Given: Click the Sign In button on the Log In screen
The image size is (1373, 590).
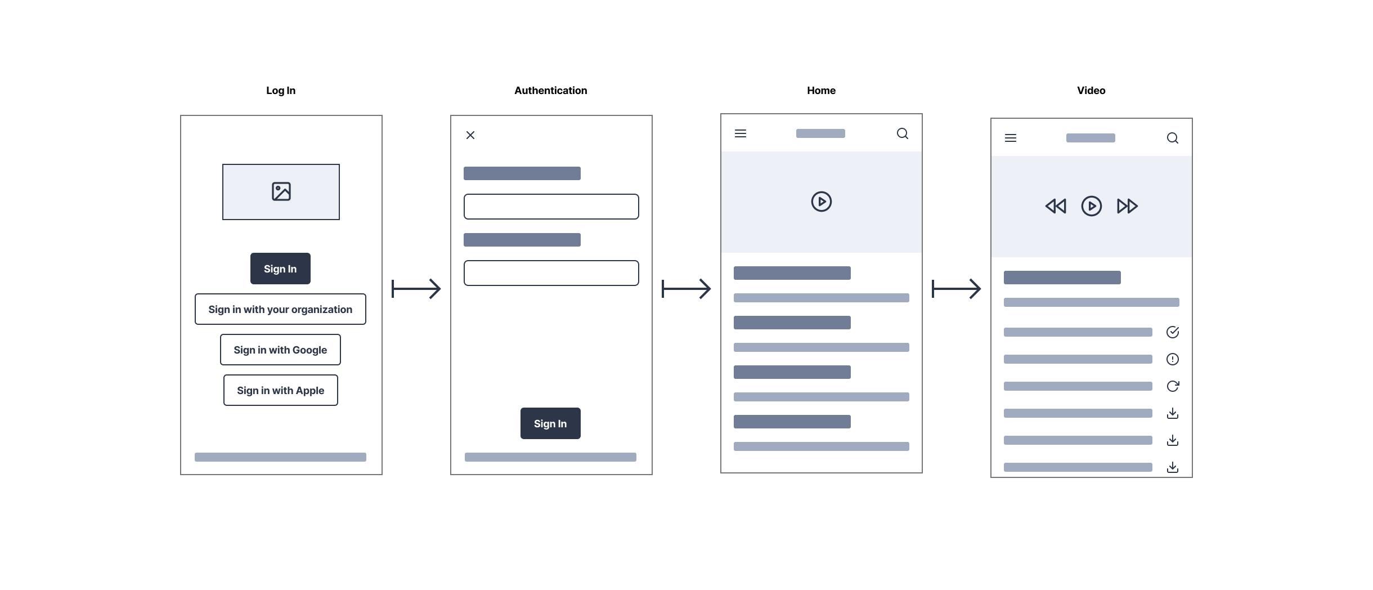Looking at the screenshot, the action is [x=280, y=269].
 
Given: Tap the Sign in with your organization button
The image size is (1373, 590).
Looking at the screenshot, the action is [x=280, y=309].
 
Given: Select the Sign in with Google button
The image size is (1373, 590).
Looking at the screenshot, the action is [x=280, y=350].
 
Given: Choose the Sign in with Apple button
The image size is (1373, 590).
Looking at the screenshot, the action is [x=280, y=390].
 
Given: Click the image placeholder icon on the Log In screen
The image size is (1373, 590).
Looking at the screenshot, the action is [x=281, y=191].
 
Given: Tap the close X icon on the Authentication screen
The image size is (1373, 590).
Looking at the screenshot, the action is [x=470, y=135].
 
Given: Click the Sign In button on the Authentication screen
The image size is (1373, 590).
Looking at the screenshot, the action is [x=550, y=423].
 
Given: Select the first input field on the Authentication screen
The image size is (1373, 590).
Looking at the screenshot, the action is [x=551, y=207].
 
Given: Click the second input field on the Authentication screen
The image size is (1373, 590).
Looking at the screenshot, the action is [x=551, y=273].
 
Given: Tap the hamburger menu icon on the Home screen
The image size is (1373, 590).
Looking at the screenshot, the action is [x=741, y=133].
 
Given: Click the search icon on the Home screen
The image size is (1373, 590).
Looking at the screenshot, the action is [x=903, y=133].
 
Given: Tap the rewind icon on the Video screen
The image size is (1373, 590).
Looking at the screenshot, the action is [x=1056, y=206].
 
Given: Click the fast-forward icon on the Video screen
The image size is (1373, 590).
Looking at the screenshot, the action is [x=1128, y=206].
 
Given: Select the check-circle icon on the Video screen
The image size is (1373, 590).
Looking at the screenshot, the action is [x=1173, y=332].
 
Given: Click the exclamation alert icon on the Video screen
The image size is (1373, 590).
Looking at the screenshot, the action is [x=1173, y=359].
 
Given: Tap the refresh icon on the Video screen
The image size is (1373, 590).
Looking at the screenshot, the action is [x=1173, y=386].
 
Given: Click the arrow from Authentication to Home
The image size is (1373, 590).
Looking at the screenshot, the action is [x=686, y=289].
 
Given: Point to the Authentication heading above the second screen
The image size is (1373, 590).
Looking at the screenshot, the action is [x=550, y=91].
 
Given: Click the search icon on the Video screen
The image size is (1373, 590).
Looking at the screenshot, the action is [x=1173, y=138].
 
